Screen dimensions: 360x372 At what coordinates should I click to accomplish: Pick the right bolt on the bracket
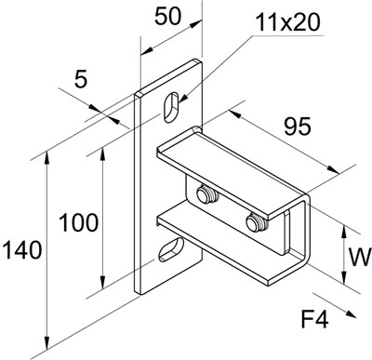pos(255,221)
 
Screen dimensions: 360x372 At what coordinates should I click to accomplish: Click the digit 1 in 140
pos(8,249)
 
